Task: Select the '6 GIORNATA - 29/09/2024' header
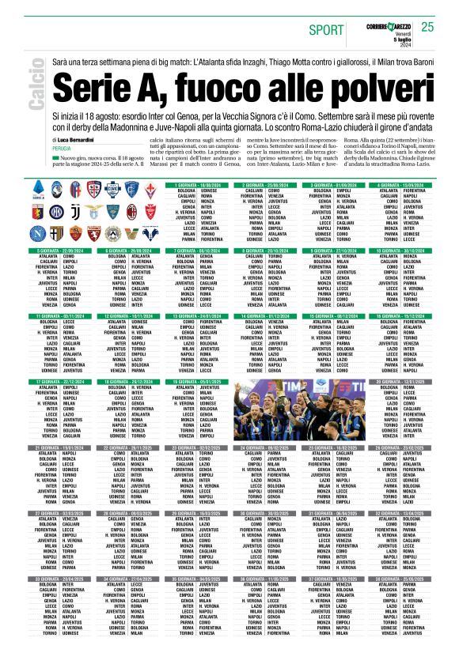tap(131, 251)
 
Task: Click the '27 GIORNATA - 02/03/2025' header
tap(64, 513)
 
